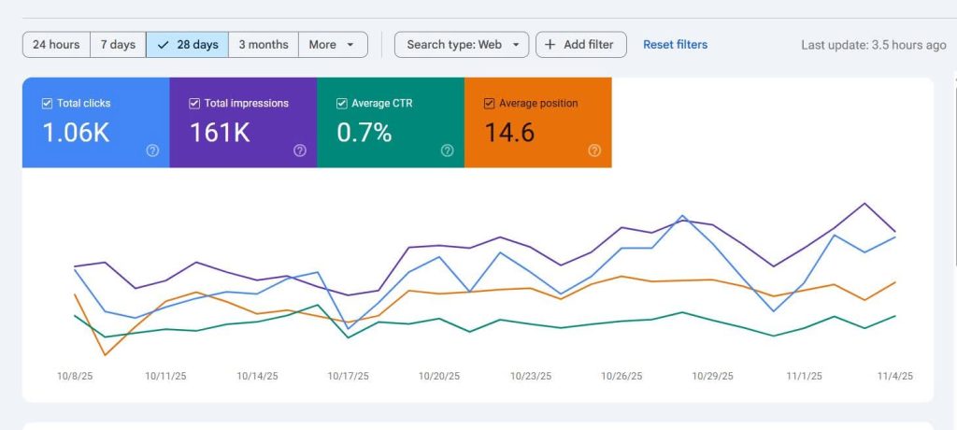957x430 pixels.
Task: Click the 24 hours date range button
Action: tap(56, 45)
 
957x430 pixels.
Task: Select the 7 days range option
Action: tap(118, 45)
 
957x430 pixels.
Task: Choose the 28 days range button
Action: tap(187, 45)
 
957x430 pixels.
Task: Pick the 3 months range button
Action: tap(264, 45)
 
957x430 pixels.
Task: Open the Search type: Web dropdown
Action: tap(462, 45)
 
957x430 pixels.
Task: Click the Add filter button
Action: tap(580, 45)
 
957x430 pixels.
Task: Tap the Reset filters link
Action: tap(675, 45)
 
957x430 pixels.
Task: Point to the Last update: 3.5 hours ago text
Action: tap(873, 45)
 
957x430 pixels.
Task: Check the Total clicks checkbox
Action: tap(47, 104)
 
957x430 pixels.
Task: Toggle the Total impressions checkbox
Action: tap(194, 104)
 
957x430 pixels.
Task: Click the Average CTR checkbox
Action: tap(342, 104)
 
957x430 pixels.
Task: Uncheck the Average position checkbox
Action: tap(489, 104)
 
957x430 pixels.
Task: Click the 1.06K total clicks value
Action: tap(76, 133)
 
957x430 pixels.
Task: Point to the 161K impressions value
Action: tap(220, 133)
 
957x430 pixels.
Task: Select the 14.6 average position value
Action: tap(509, 133)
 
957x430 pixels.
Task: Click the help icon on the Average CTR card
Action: tap(447, 150)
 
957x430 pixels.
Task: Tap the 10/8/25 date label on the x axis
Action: tap(75, 376)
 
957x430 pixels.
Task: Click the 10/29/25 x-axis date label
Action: tap(712, 376)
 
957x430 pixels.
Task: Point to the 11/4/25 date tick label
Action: tap(894, 376)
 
